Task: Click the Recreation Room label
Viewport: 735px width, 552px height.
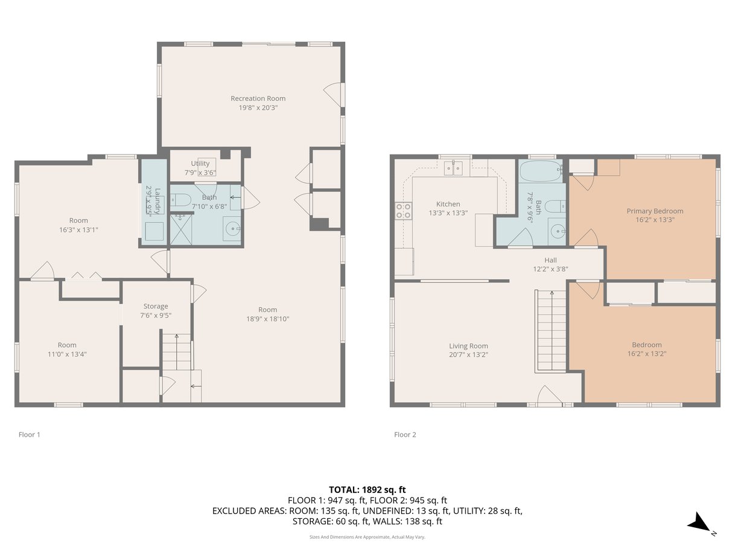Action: tap(258, 98)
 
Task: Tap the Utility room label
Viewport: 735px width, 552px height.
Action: tap(200, 163)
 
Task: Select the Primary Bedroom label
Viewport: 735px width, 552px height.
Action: tap(655, 211)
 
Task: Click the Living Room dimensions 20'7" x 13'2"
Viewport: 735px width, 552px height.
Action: tap(468, 355)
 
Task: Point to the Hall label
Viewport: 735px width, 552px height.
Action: tap(550, 260)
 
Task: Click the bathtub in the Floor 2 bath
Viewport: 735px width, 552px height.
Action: tap(541, 171)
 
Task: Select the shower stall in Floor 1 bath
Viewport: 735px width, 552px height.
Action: tap(181, 229)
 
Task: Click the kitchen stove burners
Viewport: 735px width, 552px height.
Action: tap(403, 211)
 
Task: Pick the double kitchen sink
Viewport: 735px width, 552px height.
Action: tap(453, 168)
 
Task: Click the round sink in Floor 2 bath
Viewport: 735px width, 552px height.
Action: tap(557, 231)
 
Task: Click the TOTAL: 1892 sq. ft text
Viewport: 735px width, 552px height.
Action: tap(367, 490)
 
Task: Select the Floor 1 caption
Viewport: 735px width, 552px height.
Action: tap(30, 435)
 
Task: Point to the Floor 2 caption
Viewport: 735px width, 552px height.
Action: tap(405, 435)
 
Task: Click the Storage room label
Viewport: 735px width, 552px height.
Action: tap(156, 306)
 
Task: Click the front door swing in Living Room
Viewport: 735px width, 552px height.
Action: tap(549, 395)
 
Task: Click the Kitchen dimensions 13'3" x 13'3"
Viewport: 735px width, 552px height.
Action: tap(448, 213)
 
